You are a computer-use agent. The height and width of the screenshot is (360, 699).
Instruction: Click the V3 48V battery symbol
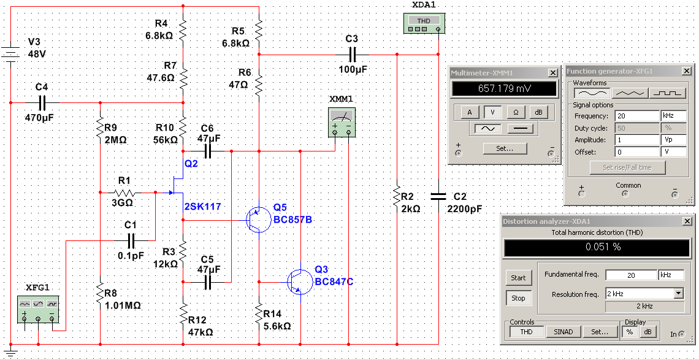10,53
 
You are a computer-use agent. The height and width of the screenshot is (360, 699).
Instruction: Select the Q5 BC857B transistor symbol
258,220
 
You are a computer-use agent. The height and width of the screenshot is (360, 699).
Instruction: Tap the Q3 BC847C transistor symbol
298,281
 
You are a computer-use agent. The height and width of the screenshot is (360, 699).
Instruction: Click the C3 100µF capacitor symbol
352,55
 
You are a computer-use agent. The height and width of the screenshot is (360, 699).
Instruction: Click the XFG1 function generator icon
39,309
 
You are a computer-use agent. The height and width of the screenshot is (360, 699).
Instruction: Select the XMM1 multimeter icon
341,121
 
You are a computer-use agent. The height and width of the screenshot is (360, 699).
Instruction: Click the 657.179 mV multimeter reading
504,88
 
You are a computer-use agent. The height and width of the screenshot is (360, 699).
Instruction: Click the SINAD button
563,331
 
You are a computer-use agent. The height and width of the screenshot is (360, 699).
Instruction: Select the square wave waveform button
667,93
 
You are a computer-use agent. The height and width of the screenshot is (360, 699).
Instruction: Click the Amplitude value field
636,140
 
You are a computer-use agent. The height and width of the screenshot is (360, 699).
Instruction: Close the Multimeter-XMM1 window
553,73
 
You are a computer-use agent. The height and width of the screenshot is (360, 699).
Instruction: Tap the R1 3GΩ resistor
125,193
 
